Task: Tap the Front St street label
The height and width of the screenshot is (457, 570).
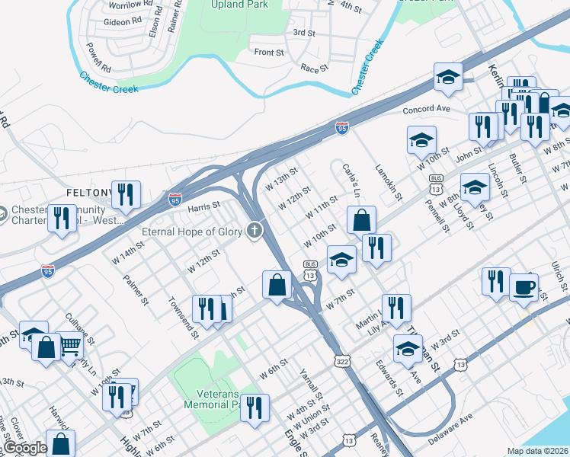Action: coord(269,53)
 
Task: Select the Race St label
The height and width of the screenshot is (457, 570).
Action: coord(314,68)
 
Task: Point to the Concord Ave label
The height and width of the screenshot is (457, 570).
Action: coord(427,109)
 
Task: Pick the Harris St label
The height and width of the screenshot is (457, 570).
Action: coord(203,206)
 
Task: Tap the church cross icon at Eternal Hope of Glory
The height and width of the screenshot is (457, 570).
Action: coord(255,230)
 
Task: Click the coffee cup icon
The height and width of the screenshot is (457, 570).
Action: coord(524,287)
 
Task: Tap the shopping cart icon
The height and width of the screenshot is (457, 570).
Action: coord(70,347)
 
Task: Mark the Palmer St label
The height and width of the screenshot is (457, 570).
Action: coord(135,288)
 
